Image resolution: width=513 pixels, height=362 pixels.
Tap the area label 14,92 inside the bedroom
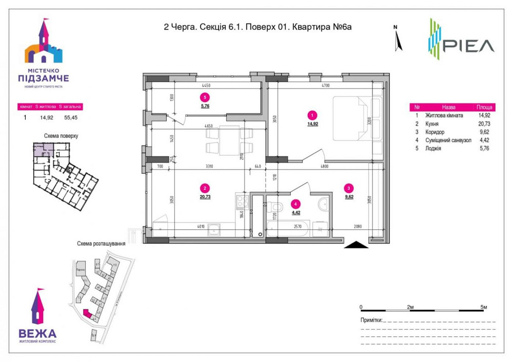pyautogui.click(x=313, y=124)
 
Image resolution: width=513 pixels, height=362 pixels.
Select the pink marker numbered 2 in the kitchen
pyautogui.click(x=205, y=188)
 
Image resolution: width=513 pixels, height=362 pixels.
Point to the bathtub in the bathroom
pyautogui.click(x=287, y=228)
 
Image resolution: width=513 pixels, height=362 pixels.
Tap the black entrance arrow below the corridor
pyautogui.click(x=357, y=245)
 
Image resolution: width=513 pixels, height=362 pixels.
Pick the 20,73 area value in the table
pyautogui.click(x=484, y=124)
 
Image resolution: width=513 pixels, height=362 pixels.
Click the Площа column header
pyautogui.click(x=484, y=108)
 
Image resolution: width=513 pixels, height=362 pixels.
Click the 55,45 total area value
pyautogui.click(x=70, y=117)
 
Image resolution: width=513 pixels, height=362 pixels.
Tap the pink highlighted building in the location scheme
pyautogui.click(x=87, y=313)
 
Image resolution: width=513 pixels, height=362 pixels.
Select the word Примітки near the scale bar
pyautogui.click(x=371, y=320)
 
